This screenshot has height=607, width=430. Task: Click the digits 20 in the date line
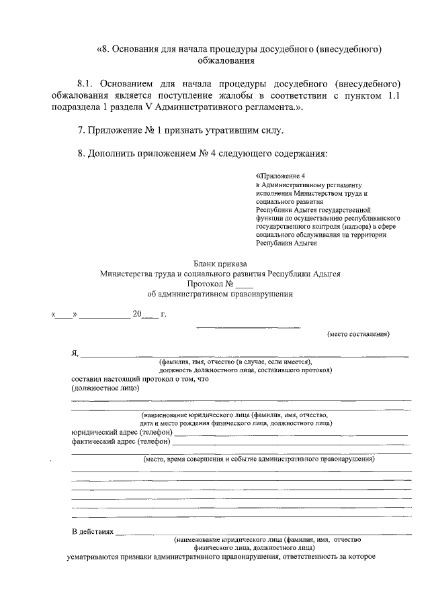pyautogui.click(x=137, y=314)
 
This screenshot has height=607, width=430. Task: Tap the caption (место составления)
pyautogui.click(x=357, y=334)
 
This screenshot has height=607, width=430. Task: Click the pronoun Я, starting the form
pyautogui.click(x=75, y=353)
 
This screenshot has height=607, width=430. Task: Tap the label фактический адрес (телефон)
pyautogui.click(x=121, y=442)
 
